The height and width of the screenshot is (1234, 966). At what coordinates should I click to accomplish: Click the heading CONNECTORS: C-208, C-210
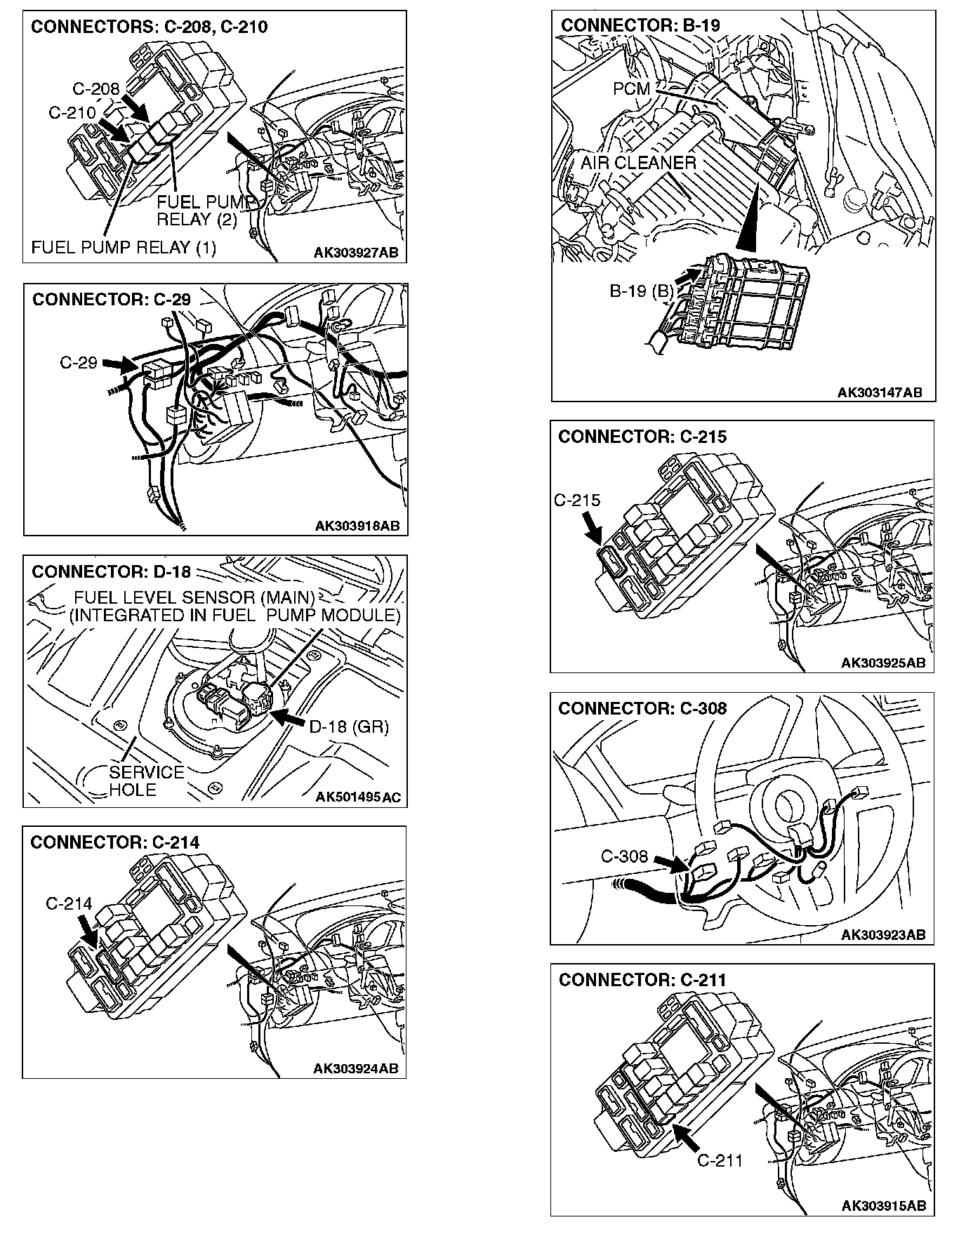[149, 27]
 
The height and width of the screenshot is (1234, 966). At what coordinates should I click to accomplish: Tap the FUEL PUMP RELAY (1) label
[124, 247]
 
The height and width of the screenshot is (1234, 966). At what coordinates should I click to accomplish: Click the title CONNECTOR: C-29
[112, 300]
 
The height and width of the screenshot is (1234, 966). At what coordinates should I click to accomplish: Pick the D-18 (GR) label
[349, 727]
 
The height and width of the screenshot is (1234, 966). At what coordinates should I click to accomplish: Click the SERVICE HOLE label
[146, 781]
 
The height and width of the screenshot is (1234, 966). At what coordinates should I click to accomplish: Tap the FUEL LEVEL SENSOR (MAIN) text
[194, 598]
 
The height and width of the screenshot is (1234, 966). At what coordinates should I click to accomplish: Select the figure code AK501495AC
[358, 797]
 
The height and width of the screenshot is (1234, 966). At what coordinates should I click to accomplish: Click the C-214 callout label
[69, 904]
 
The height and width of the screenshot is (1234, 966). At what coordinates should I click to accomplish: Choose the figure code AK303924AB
[355, 1069]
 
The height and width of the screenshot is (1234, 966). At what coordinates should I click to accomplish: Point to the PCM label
[631, 89]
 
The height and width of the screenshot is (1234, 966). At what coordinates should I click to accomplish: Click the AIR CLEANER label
[638, 164]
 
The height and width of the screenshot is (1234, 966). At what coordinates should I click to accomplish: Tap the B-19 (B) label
[640, 291]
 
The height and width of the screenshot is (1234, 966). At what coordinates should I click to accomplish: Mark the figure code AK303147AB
[880, 393]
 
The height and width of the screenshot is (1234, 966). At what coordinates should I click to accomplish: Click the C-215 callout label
[577, 500]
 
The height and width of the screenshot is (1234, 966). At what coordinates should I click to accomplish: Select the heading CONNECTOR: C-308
[642, 708]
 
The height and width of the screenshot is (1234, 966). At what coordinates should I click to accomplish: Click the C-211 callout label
[720, 1160]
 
